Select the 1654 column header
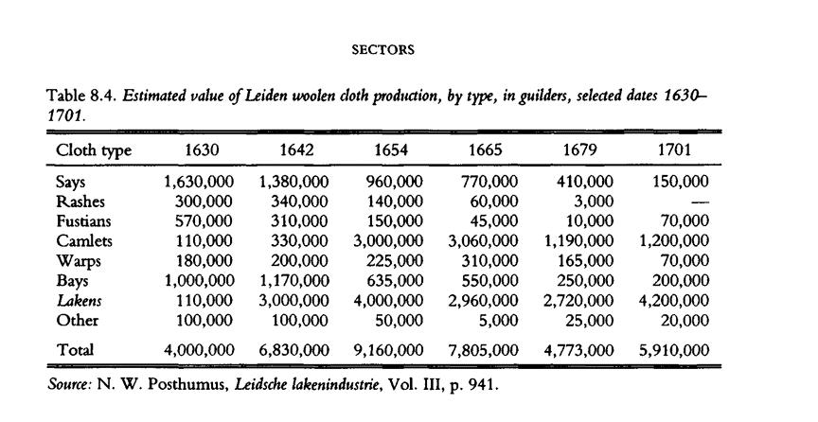(392, 150)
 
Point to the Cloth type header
(94, 150)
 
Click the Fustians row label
(83, 220)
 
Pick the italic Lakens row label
(79, 300)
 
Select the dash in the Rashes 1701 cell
(701, 202)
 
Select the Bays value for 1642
(293, 280)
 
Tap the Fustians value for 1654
(396, 220)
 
